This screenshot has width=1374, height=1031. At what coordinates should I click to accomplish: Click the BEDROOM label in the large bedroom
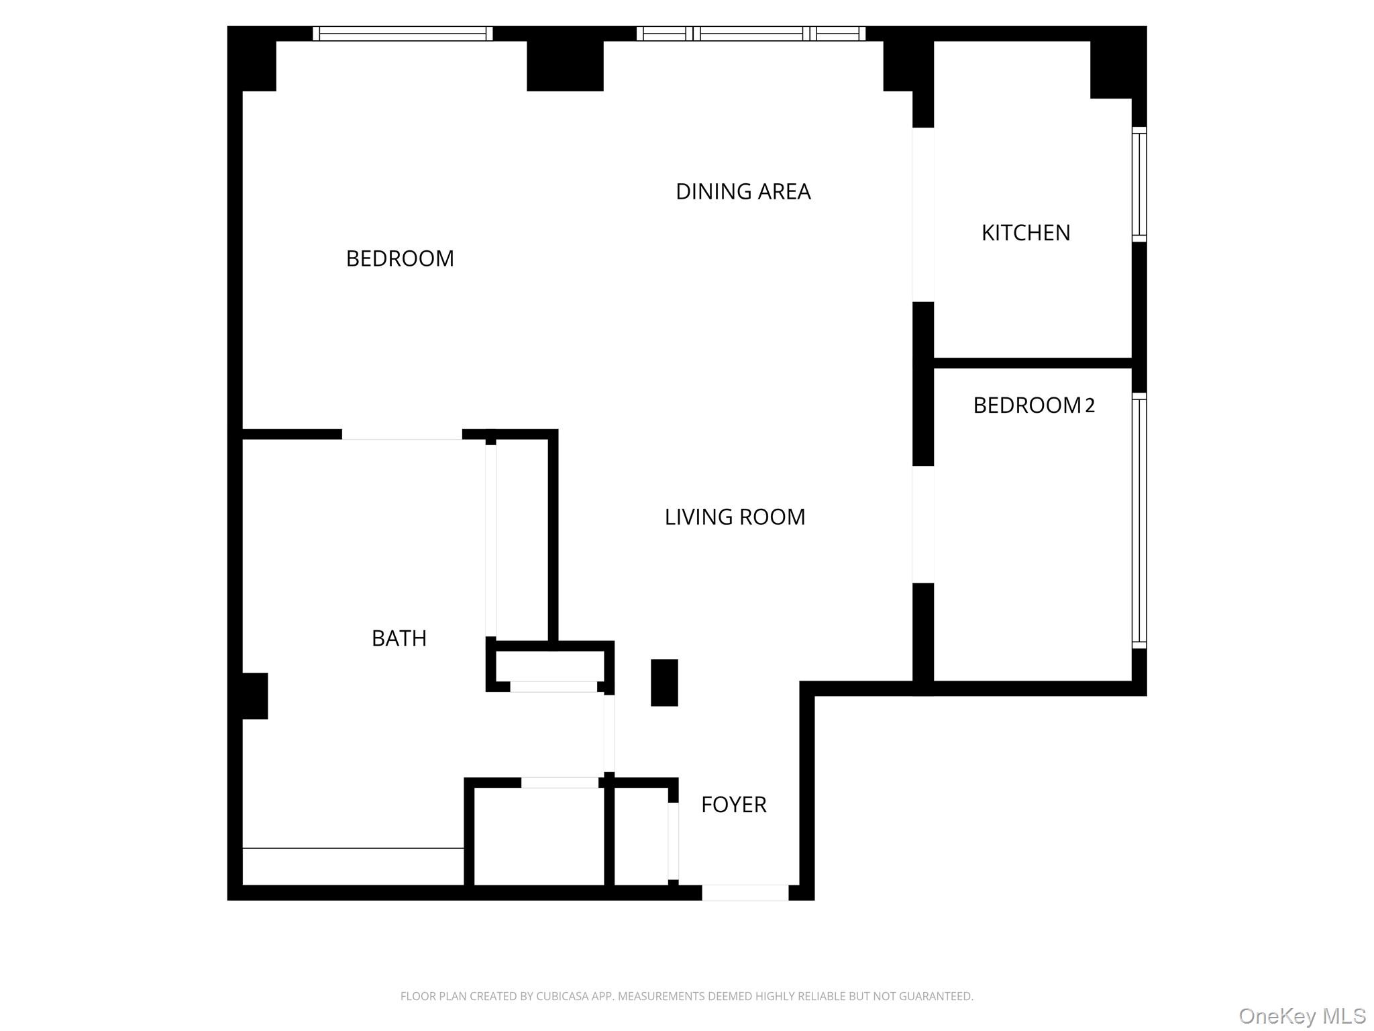pyautogui.click(x=400, y=258)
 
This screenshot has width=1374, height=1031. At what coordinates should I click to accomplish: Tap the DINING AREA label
pyautogui.click(x=743, y=192)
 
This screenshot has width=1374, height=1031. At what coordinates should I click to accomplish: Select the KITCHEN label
pyautogui.click(x=1025, y=233)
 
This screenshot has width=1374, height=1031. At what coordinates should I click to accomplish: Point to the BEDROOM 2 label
pyautogui.click(x=1033, y=405)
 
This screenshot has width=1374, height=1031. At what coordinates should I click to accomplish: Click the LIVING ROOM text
pyautogui.click(x=735, y=517)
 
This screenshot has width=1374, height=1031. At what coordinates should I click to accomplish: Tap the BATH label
pyautogui.click(x=399, y=638)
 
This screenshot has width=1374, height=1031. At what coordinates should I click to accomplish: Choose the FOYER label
pyautogui.click(x=733, y=805)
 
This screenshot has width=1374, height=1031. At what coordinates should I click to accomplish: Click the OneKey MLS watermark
pyautogui.click(x=1302, y=1016)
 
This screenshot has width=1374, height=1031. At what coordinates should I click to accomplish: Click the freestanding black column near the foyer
pyautogui.click(x=664, y=683)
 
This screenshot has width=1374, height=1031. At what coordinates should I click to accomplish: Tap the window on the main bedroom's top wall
pyautogui.click(x=403, y=34)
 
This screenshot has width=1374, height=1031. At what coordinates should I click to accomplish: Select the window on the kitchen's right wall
pyautogui.click(x=1139, y=185)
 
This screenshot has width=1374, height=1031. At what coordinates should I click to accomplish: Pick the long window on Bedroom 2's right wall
pyautogui.click(x=1139, y=521)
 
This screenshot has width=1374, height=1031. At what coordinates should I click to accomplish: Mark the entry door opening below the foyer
pyautogui.click(x=745, y=893)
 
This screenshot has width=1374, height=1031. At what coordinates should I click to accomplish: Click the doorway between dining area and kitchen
pyautogui.click(x=923, y=215)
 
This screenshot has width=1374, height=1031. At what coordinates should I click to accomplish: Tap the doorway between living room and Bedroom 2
pyautogui.click(x=923, y=524)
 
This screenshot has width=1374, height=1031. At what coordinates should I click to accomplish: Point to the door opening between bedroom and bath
pyautogui.click(x=402, y=435)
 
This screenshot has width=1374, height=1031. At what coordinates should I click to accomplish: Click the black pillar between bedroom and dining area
pyautogui.click(x=565, y=66)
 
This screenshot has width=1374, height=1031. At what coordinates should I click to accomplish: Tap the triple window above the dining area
pyautogui.click(x=751, y=34)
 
